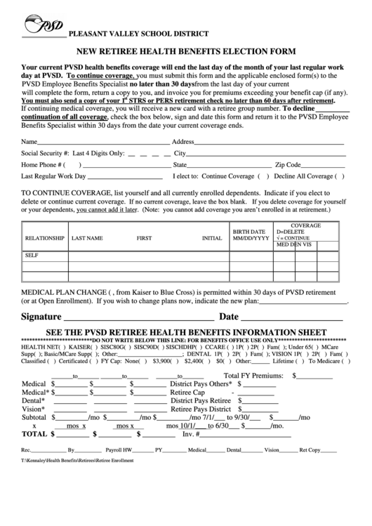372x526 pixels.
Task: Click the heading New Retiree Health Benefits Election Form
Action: (185, 51)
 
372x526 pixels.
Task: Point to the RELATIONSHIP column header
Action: (45, 238)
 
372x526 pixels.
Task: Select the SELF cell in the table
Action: (32, 255)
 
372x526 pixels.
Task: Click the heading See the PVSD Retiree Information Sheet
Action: (185, 331)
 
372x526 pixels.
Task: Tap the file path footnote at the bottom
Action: (77, 461)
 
